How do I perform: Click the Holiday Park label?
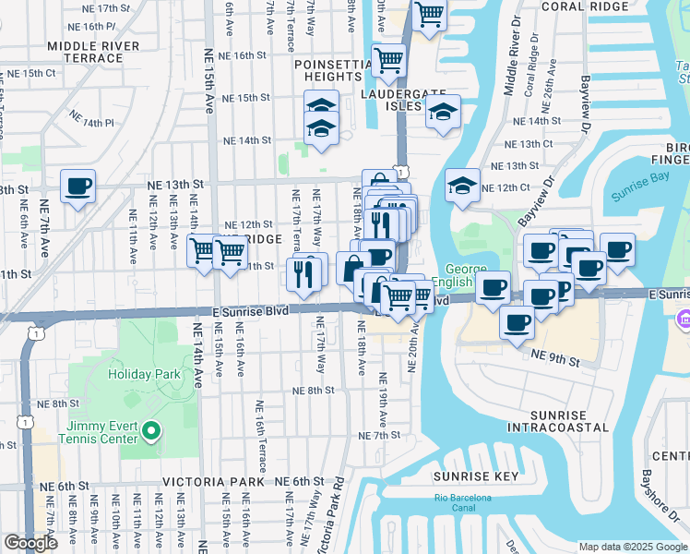143,374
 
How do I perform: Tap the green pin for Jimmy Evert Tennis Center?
153,431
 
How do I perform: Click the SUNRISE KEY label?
470,476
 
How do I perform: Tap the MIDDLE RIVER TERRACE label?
93,52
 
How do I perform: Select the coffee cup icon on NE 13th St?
77,187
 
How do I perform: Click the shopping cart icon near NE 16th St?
388,61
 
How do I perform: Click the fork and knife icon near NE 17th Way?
305,271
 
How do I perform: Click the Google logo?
30,543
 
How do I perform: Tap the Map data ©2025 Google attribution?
631,547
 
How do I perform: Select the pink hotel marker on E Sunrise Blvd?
684,319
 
